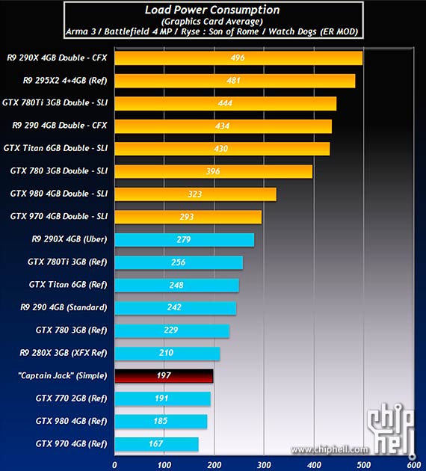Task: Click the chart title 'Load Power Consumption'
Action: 212,10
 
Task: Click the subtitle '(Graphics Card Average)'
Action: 212,21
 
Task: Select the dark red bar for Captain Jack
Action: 164,375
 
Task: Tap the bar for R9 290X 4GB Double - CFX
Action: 238,58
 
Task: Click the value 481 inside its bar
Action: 234,81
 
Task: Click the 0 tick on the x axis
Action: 114,464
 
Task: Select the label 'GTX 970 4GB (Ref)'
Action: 71,444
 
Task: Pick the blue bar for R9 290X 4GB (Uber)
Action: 184,239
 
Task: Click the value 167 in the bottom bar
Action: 156,444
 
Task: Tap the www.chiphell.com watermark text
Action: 330,449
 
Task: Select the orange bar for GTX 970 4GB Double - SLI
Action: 188,217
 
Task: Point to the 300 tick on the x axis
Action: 263,464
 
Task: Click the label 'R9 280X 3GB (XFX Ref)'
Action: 64,353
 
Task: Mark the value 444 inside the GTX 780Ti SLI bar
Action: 225,103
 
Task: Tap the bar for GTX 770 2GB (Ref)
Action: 162,398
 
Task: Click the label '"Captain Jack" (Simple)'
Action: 62,375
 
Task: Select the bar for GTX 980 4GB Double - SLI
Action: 195,194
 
